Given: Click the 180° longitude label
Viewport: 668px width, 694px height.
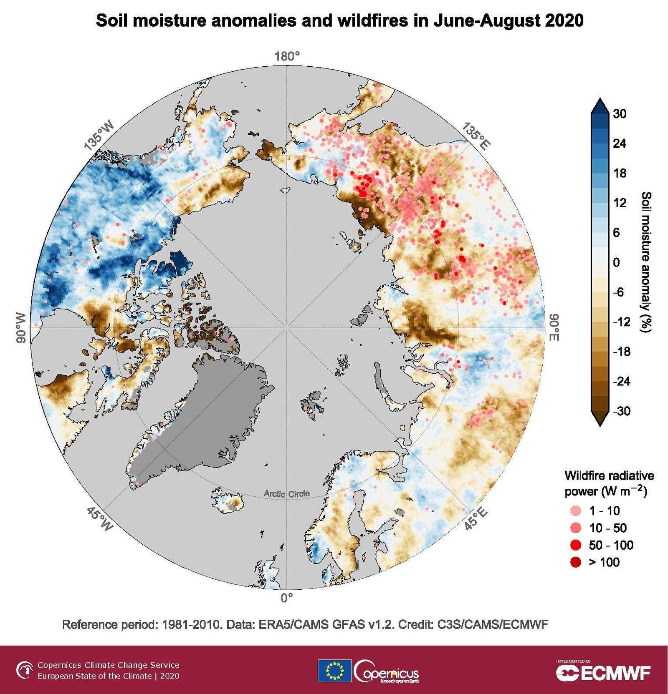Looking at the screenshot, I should (287, 57).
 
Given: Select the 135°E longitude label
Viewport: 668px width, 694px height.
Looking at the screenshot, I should (476, 136).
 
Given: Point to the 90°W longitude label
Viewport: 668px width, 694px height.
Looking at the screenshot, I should (21, 327).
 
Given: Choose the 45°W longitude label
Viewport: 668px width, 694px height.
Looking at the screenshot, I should (100, 519).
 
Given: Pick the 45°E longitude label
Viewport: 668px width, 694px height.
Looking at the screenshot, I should (476, 519).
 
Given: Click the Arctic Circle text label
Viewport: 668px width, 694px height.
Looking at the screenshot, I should (286, 494).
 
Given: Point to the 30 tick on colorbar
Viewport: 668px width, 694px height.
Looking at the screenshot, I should (620, 113).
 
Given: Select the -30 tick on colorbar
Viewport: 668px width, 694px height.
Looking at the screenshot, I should (621, 411).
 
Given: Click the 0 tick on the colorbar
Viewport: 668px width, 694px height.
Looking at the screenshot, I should (616, 262).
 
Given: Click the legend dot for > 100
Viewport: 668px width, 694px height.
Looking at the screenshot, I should (576, 562).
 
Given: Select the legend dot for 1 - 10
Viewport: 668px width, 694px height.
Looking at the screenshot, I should (576, 510).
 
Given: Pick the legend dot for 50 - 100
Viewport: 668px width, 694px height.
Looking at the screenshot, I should (576, 545).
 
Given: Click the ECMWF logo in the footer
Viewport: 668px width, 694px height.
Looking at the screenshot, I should (603, 672).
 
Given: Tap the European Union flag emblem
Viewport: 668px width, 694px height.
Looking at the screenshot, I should (334, 671).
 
